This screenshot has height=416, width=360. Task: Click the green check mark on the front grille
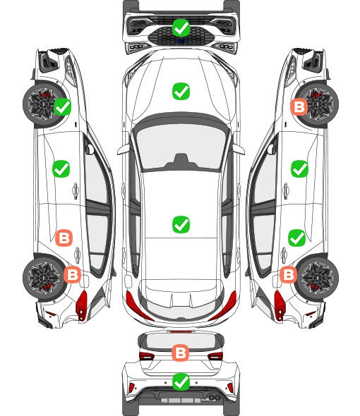click(181, 27)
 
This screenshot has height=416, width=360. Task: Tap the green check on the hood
click(181, 91)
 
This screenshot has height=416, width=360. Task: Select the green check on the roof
click(181, 224)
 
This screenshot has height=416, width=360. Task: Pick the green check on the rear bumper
click(181, 381)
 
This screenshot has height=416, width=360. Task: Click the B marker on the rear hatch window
click(181, 353)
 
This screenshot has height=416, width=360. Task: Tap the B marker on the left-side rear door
click(64, 238)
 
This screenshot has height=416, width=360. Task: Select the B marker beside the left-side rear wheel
click(72, 274)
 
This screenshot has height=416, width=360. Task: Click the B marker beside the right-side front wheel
click(299, 107)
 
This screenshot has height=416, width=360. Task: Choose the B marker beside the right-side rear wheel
click(288, 274)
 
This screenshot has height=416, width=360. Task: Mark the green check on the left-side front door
click(61, 169)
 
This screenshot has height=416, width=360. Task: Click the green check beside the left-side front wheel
click(62, 106)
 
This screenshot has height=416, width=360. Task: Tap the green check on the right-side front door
click(300, 169)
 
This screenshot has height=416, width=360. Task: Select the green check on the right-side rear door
click(297, 238)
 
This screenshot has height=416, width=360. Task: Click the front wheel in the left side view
click(42, 104)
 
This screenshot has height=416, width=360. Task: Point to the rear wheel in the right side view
click(318, 277)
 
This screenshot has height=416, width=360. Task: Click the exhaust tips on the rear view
click(213, 397)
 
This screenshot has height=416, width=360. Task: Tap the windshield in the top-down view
click(181, 147)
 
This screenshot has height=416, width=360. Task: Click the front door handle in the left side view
click(76, 190)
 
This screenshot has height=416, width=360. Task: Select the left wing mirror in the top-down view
click(124, 149)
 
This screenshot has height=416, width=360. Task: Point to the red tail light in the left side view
click(82, 305)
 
